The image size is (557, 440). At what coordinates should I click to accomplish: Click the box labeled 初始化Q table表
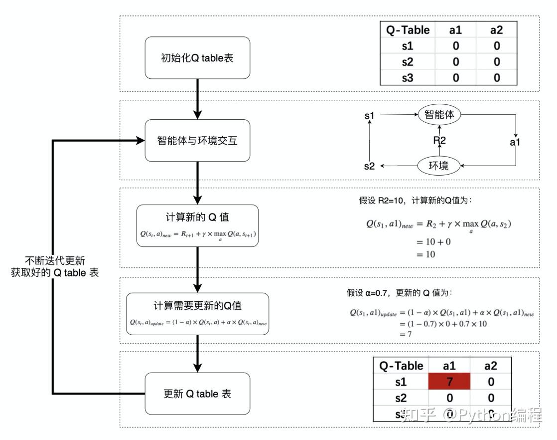(x=197, y=58)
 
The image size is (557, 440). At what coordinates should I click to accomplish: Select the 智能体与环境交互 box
(x=197, y=140)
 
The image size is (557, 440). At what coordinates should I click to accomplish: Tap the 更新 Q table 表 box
(x=197, y=394)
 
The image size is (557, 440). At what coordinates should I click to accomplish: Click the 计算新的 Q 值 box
(x=197, y=225)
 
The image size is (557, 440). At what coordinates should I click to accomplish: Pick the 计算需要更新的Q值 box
(x=197, y=313)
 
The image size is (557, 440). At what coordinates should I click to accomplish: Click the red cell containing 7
(x=449, y=382)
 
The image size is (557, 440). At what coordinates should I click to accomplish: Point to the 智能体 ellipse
(x=439, y=114)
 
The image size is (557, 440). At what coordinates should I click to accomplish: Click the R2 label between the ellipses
(x=439, y=140)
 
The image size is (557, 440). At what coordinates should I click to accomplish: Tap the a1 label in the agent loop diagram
(x=515, y=143)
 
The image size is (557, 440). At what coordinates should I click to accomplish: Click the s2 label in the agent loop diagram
(x=369, y=166)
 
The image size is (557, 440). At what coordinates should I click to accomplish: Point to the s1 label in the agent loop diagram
(x=369, y=116)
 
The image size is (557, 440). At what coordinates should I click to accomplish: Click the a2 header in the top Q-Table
(x=496, y=29)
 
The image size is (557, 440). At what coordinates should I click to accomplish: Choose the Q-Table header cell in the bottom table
(x=401, y=366)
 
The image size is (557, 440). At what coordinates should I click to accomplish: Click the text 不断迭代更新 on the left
(x=55, y=260)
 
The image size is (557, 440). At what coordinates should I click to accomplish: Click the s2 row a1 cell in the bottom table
(x=449, y=398)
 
